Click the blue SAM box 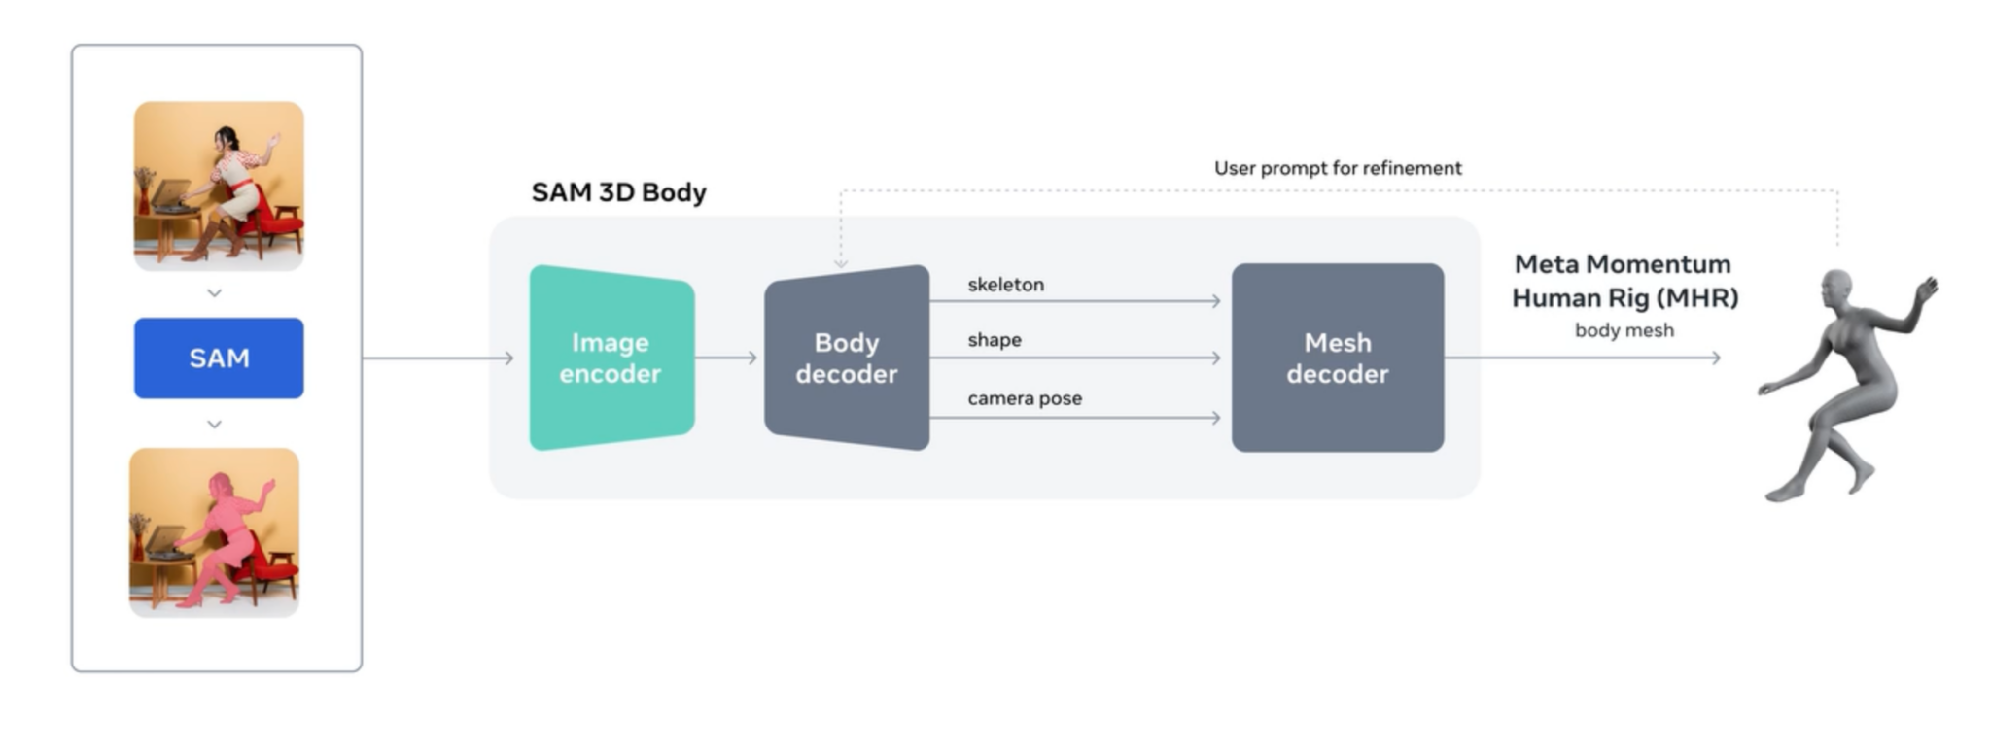coord(219,358)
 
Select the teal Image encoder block coord(611,358)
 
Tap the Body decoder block coord(846,358)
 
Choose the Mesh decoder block coord(1337,358)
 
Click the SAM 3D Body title coord(618,192)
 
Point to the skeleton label coord(1005,285)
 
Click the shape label coord(994,340)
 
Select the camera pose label coord(1024,398)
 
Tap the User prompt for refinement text coord(1337,168)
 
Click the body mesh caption coord(1624,330)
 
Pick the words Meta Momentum coord(1622,264)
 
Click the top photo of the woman coord(219,185)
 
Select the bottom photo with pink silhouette coord(214,532)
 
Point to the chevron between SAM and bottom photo coord(215,425)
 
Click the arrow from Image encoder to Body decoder coord(725,358)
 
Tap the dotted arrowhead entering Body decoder coord(841,263)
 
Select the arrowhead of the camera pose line coord(1215,418)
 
